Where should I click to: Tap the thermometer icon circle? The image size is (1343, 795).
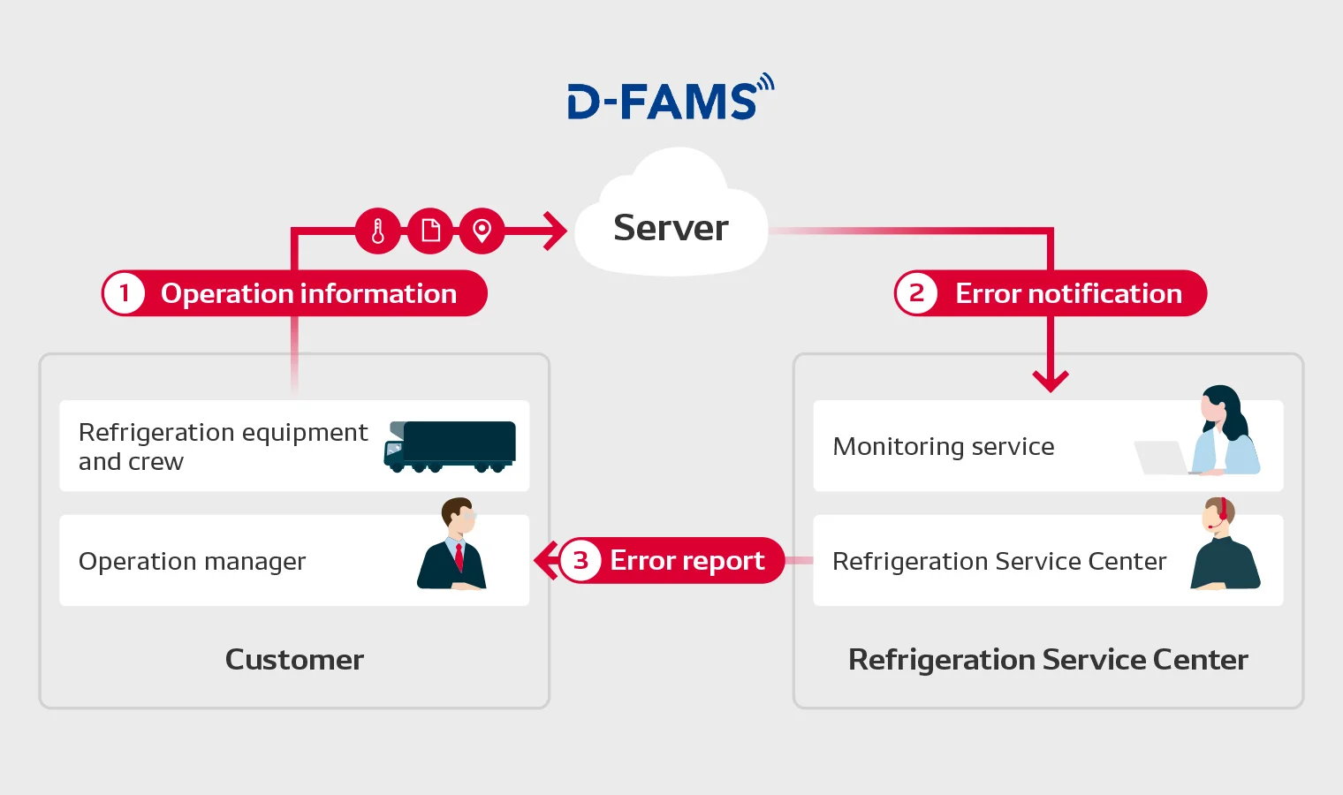(x=378, y=231)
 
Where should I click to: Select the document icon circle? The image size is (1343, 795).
(x=430, y=231)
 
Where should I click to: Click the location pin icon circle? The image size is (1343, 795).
(x=482, y=231)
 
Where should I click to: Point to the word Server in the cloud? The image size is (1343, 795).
(x=671, y=228)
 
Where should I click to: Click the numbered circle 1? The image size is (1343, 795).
(x=124, y=293)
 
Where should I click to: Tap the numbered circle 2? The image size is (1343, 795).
(x=917, y=293)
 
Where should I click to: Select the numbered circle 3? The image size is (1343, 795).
(x=580, y=561)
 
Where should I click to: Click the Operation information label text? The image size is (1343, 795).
(x=308, y=294)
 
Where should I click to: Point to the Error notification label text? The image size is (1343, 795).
(x=1069, y=294)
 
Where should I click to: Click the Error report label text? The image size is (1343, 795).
(x=687, y=561)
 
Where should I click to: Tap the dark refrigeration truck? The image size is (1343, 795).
(x=450, y=447)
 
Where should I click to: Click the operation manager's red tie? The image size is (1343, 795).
(x=459, y=557)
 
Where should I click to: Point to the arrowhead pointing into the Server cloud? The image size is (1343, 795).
(x=555, y=231)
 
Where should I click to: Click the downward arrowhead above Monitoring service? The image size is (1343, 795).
(x=1051, y=382)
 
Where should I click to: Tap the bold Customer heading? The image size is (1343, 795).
(x=294, y=660)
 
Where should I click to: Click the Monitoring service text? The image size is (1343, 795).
(x=944, y=447)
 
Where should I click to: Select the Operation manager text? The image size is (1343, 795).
(x=192, y=562)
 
